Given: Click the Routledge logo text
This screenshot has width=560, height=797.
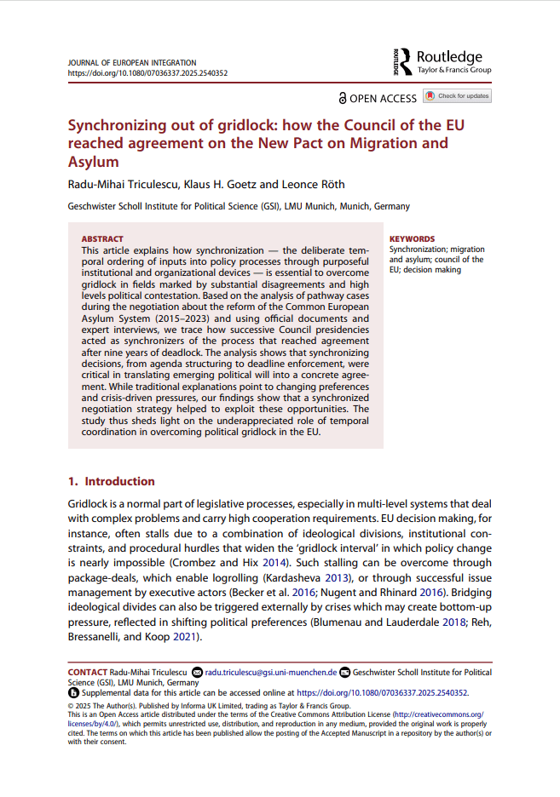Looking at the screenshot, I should click(x=449, y=57).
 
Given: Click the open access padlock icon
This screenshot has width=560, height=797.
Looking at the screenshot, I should click(x=343, y=98).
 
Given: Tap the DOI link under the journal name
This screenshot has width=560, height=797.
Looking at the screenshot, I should click(x=147, y=74).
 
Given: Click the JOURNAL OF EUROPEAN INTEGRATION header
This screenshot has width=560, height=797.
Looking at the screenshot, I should click(x=131, y=63).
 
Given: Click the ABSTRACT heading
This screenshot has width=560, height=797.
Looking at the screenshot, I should click(x=102, y=239).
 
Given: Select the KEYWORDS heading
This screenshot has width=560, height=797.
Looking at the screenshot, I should click(x=412, y=239).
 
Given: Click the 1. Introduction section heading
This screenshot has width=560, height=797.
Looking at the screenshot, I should click(x=111, y=481).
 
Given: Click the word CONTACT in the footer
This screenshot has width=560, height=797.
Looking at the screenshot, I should click(x=87, y=673).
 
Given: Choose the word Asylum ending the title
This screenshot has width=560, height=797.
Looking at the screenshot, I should click(x=93, y=162).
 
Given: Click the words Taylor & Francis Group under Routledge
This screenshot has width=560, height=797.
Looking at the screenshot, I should click(x=453, y=70).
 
